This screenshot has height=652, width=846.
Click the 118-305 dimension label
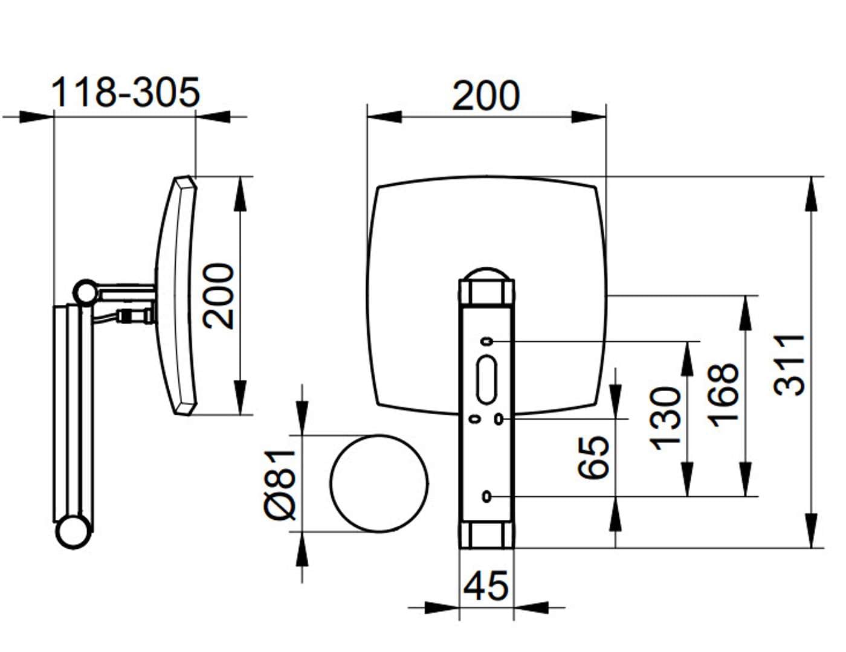point(125,92)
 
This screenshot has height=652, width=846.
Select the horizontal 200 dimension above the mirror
point(485,95)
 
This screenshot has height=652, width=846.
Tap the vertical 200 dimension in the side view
point(218,296)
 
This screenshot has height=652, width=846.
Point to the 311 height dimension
point(789,365)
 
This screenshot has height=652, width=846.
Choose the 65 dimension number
point(593,457)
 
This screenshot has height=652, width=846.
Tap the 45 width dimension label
point(485,586)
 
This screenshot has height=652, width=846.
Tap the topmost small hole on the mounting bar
point(486,342)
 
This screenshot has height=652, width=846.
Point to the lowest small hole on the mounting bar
point(486,496)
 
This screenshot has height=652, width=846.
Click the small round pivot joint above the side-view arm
point(86,292)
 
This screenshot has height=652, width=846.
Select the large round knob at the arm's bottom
point(74,531)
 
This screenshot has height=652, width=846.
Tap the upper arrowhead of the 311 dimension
point(811,194)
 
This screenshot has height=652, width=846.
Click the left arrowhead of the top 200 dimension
point(384,117)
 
